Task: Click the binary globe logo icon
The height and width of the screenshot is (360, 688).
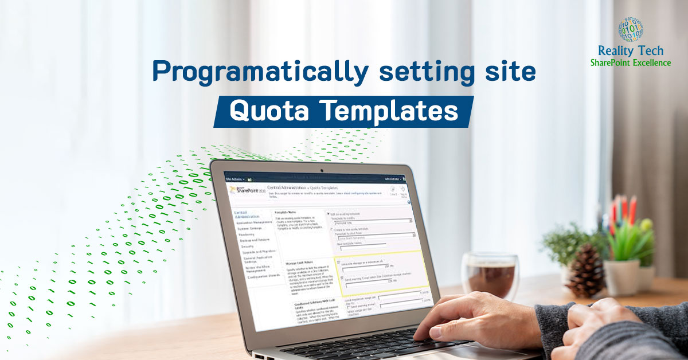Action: point(630,29)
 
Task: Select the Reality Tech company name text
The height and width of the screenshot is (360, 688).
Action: point(630,52)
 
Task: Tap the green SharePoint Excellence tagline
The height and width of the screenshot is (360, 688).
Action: point(630,63)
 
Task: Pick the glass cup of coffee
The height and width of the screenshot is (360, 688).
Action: point(490,275)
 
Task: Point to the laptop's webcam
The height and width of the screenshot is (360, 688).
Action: point(322,170)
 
